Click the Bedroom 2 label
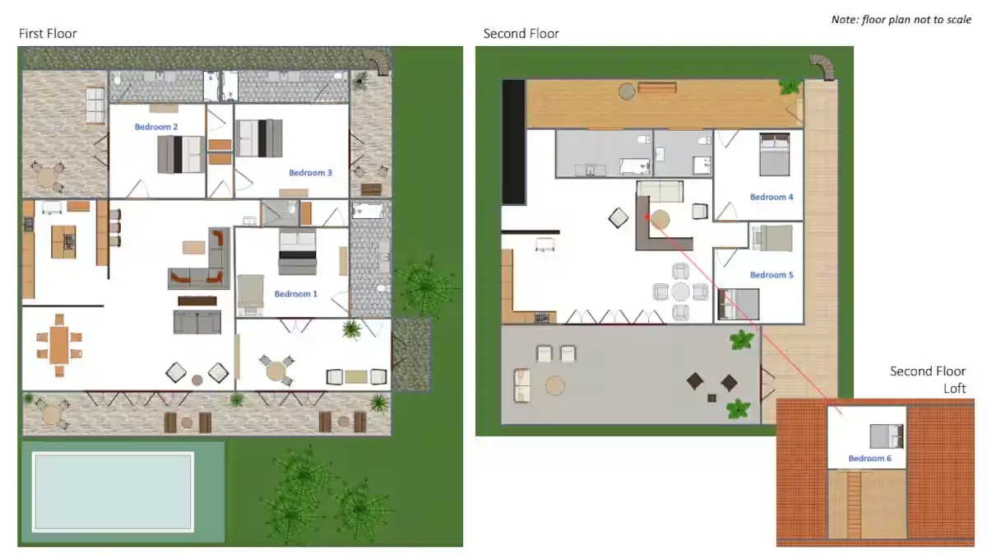point(156,127)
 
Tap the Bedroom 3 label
point(310,173)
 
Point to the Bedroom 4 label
point(772,198)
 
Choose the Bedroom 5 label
point(772,275)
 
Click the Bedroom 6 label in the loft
point(870,458)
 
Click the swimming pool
point(113,492)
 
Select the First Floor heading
point(48,34)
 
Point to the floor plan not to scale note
point(901,19)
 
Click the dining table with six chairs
point(58,344)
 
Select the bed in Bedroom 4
point(773,155)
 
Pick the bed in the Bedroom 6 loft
point(887,436)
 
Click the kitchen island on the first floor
point(64,241)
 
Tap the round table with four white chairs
point(680,291)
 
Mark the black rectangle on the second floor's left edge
point(513,142)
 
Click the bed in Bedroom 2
point(180,154)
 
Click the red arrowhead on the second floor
point(648,217)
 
